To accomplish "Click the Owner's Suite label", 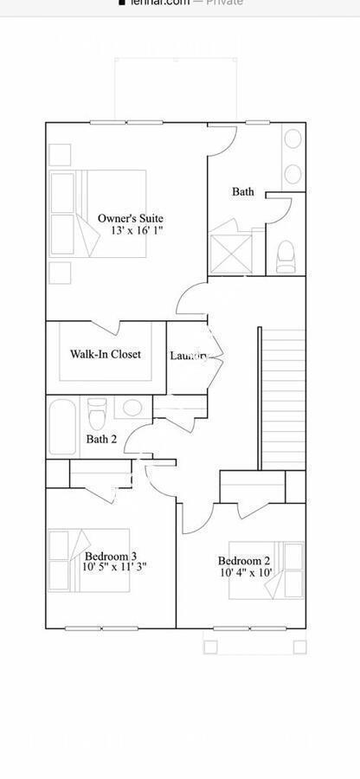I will click(130, 219).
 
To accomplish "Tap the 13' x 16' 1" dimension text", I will click(130, 232).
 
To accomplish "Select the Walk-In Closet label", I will click(105, 354).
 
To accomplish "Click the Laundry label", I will click(187, 355).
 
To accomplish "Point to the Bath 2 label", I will click(101, 439).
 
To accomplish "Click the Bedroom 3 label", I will click(111, 556).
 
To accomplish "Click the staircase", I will click(282, 398).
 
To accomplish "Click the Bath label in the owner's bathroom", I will click(243, 191).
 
